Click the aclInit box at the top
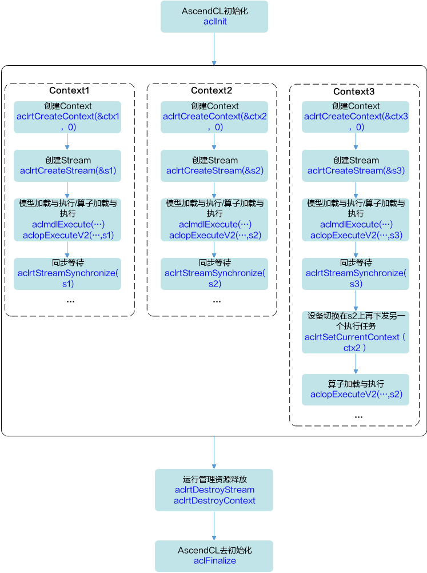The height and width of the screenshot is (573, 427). [214, 17]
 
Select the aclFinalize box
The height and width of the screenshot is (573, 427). [214, 555]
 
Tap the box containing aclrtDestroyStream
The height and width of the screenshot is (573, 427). [214, 490]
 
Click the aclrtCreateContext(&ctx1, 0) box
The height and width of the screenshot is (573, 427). [67, 117]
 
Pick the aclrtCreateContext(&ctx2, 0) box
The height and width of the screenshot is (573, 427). [214, 117]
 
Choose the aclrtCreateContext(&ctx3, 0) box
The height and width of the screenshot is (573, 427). [356, 117]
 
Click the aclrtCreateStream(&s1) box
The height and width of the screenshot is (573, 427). [67, 166]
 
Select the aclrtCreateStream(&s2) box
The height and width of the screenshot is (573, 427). [214, 166]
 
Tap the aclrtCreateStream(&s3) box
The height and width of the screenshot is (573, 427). [356, 166]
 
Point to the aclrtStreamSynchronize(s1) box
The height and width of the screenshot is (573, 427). [67, 273]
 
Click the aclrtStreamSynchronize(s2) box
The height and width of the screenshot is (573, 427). [214, 273]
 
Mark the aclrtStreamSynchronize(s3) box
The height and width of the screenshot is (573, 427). [356, 273]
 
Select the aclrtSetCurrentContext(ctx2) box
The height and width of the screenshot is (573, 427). [356, 332]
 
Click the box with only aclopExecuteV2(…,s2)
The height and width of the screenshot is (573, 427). [356, 389]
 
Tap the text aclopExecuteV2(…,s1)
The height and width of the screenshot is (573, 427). [68, 235]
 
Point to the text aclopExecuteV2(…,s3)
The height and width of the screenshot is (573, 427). [356, 235]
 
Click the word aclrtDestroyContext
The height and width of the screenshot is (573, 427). [214, 500]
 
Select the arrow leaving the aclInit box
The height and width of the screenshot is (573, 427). [214, 49]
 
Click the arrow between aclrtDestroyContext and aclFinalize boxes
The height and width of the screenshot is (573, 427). [214, 526]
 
